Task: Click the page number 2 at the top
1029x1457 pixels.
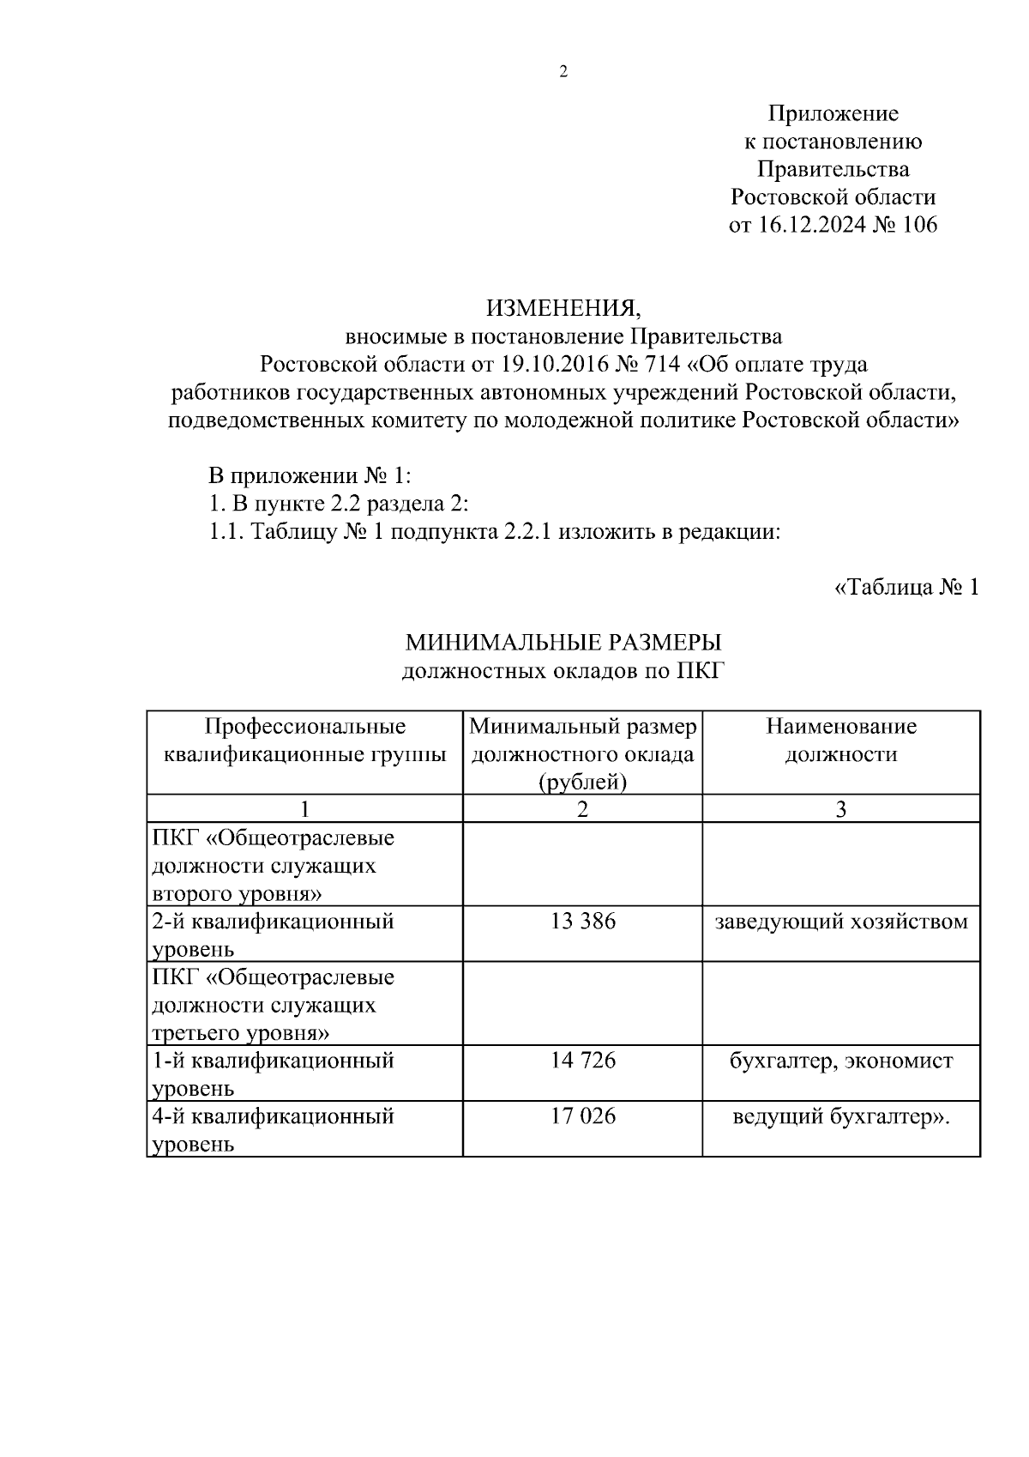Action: pos(563,72)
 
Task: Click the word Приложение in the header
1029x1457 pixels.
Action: pos(833,113)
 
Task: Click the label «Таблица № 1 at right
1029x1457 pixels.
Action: pos(906,588)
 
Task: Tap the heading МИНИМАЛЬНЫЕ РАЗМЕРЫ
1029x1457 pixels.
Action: pos(563,643)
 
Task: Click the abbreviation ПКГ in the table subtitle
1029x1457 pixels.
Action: pos(701,670)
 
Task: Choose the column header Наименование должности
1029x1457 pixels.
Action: pos(840,741)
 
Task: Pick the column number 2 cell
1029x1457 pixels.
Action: pos(582,808)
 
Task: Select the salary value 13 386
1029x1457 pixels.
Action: pos(582,922)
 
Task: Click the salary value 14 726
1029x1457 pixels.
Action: pos(582,1061)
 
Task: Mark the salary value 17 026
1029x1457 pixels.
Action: pos(582,1116)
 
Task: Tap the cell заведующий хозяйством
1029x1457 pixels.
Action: pos(840,922)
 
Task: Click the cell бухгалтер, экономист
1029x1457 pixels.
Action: pos(840,1061)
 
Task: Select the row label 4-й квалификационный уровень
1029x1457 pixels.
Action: pos(273,1129)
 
